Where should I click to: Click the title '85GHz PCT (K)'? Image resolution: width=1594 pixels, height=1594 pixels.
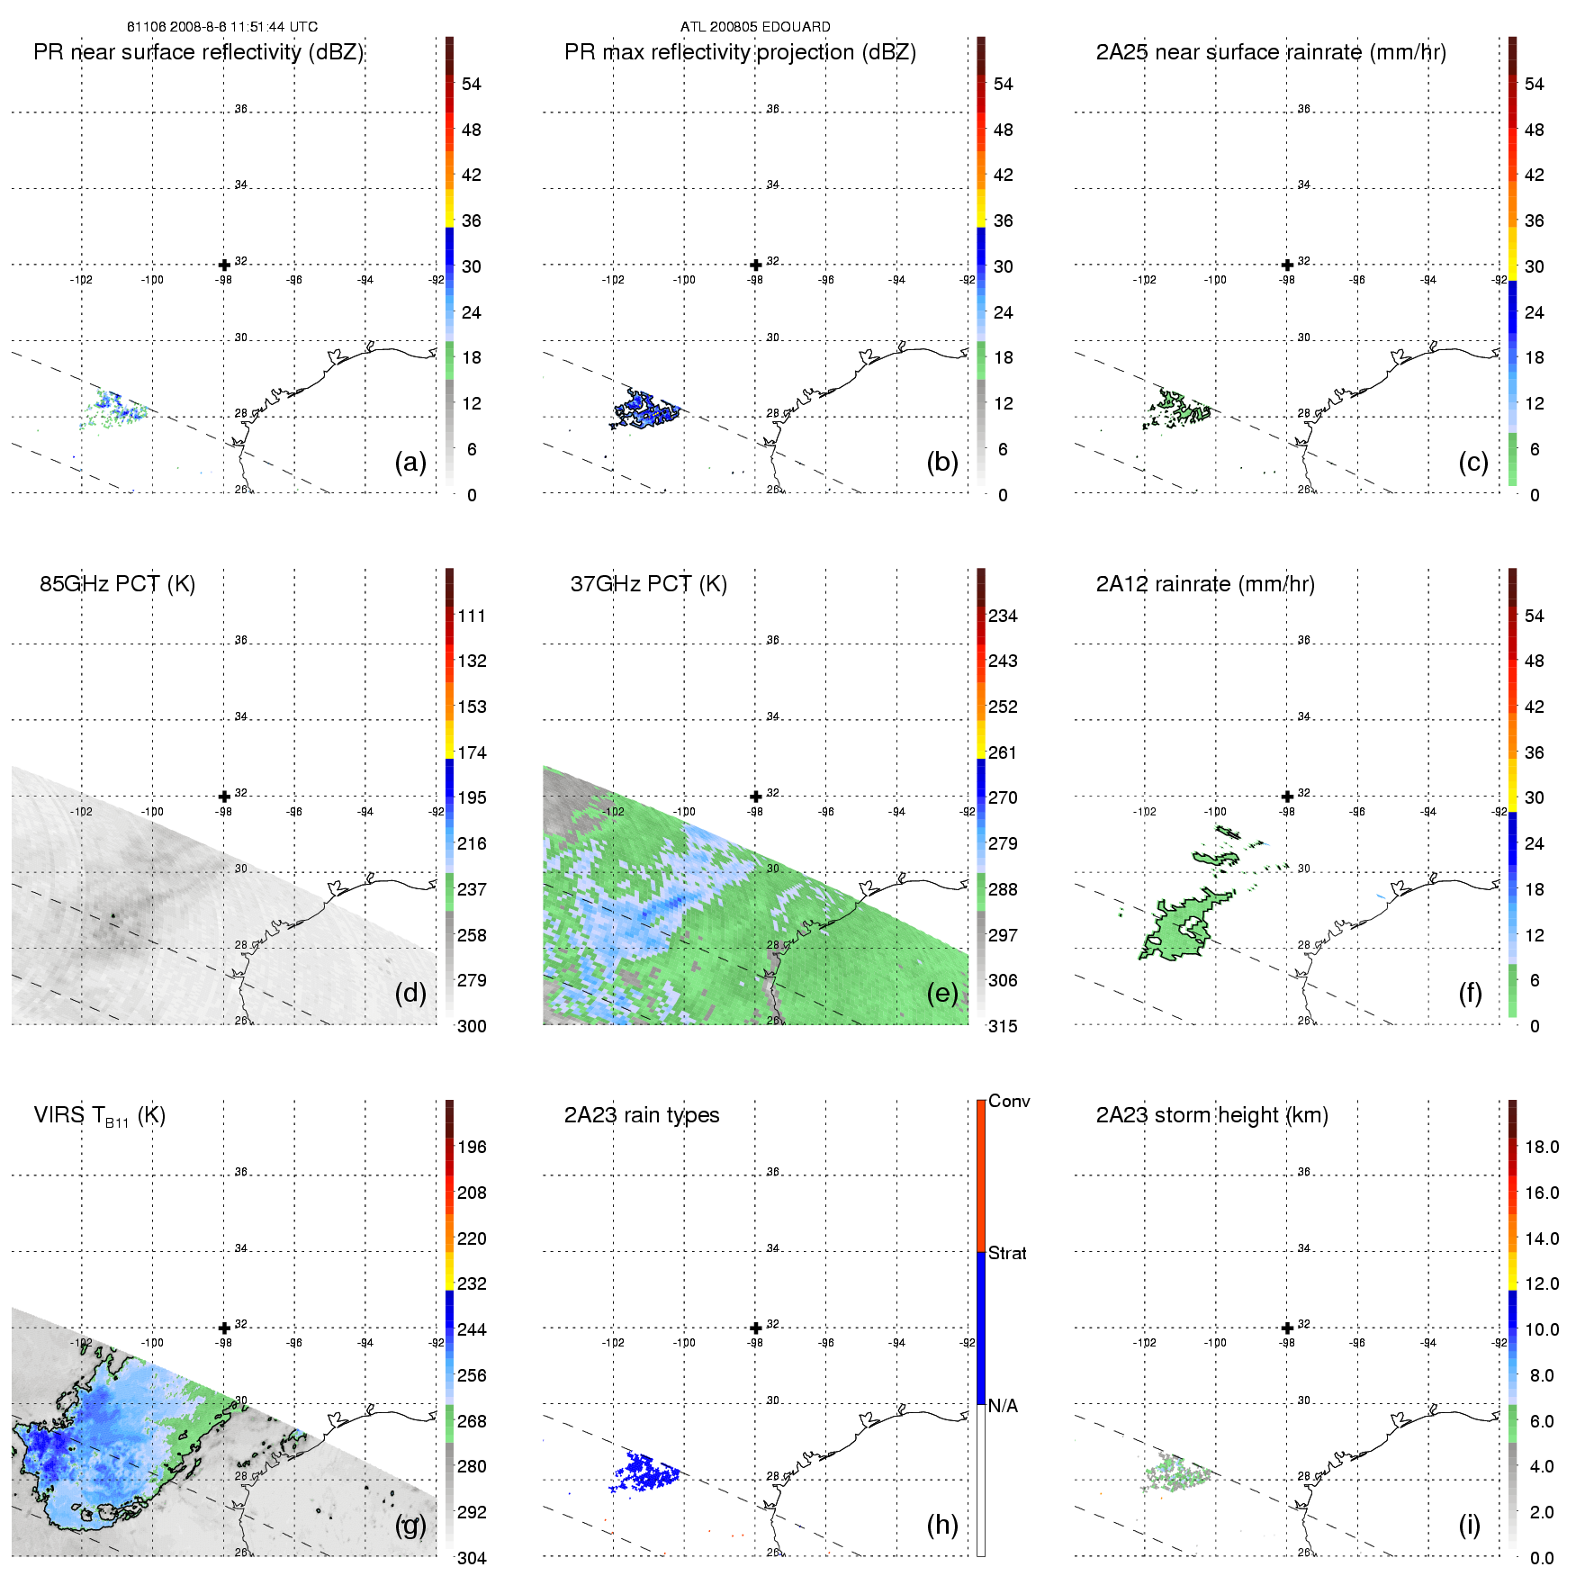[117, 584]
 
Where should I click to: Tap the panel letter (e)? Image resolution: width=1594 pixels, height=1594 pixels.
[941, 993]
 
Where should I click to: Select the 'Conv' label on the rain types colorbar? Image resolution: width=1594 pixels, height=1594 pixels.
[1009, 1102]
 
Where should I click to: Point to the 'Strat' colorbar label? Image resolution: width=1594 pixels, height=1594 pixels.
[1007, 1254]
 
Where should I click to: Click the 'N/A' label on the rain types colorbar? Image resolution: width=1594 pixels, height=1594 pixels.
[1003, 1406]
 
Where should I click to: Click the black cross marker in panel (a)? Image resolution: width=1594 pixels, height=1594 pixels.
[224, 265]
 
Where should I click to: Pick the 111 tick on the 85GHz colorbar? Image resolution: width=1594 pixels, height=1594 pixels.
[472, 617]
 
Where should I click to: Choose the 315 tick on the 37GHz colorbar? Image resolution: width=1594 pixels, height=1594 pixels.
[1003, 1027]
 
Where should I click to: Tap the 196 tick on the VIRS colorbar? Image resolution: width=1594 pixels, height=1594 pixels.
[472, 1148]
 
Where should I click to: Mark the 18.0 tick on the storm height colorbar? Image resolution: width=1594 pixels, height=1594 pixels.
[1542, 1148]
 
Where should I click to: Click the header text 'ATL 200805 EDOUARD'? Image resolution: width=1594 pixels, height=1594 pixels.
[755, 27]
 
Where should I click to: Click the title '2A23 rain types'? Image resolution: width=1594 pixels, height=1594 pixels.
[642, 1115]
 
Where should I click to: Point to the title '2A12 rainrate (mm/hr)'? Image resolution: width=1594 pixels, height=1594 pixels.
[1205, 584]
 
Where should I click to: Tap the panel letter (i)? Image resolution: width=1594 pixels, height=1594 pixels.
[1469, 1525]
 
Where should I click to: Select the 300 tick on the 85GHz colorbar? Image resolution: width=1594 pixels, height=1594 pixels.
[472, 1027]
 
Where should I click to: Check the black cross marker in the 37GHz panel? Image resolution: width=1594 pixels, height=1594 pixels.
[756, 797]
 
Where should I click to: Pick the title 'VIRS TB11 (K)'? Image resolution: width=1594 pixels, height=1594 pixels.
[100, 1116]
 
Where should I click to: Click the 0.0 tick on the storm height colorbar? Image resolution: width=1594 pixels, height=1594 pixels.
[1542, 1558]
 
